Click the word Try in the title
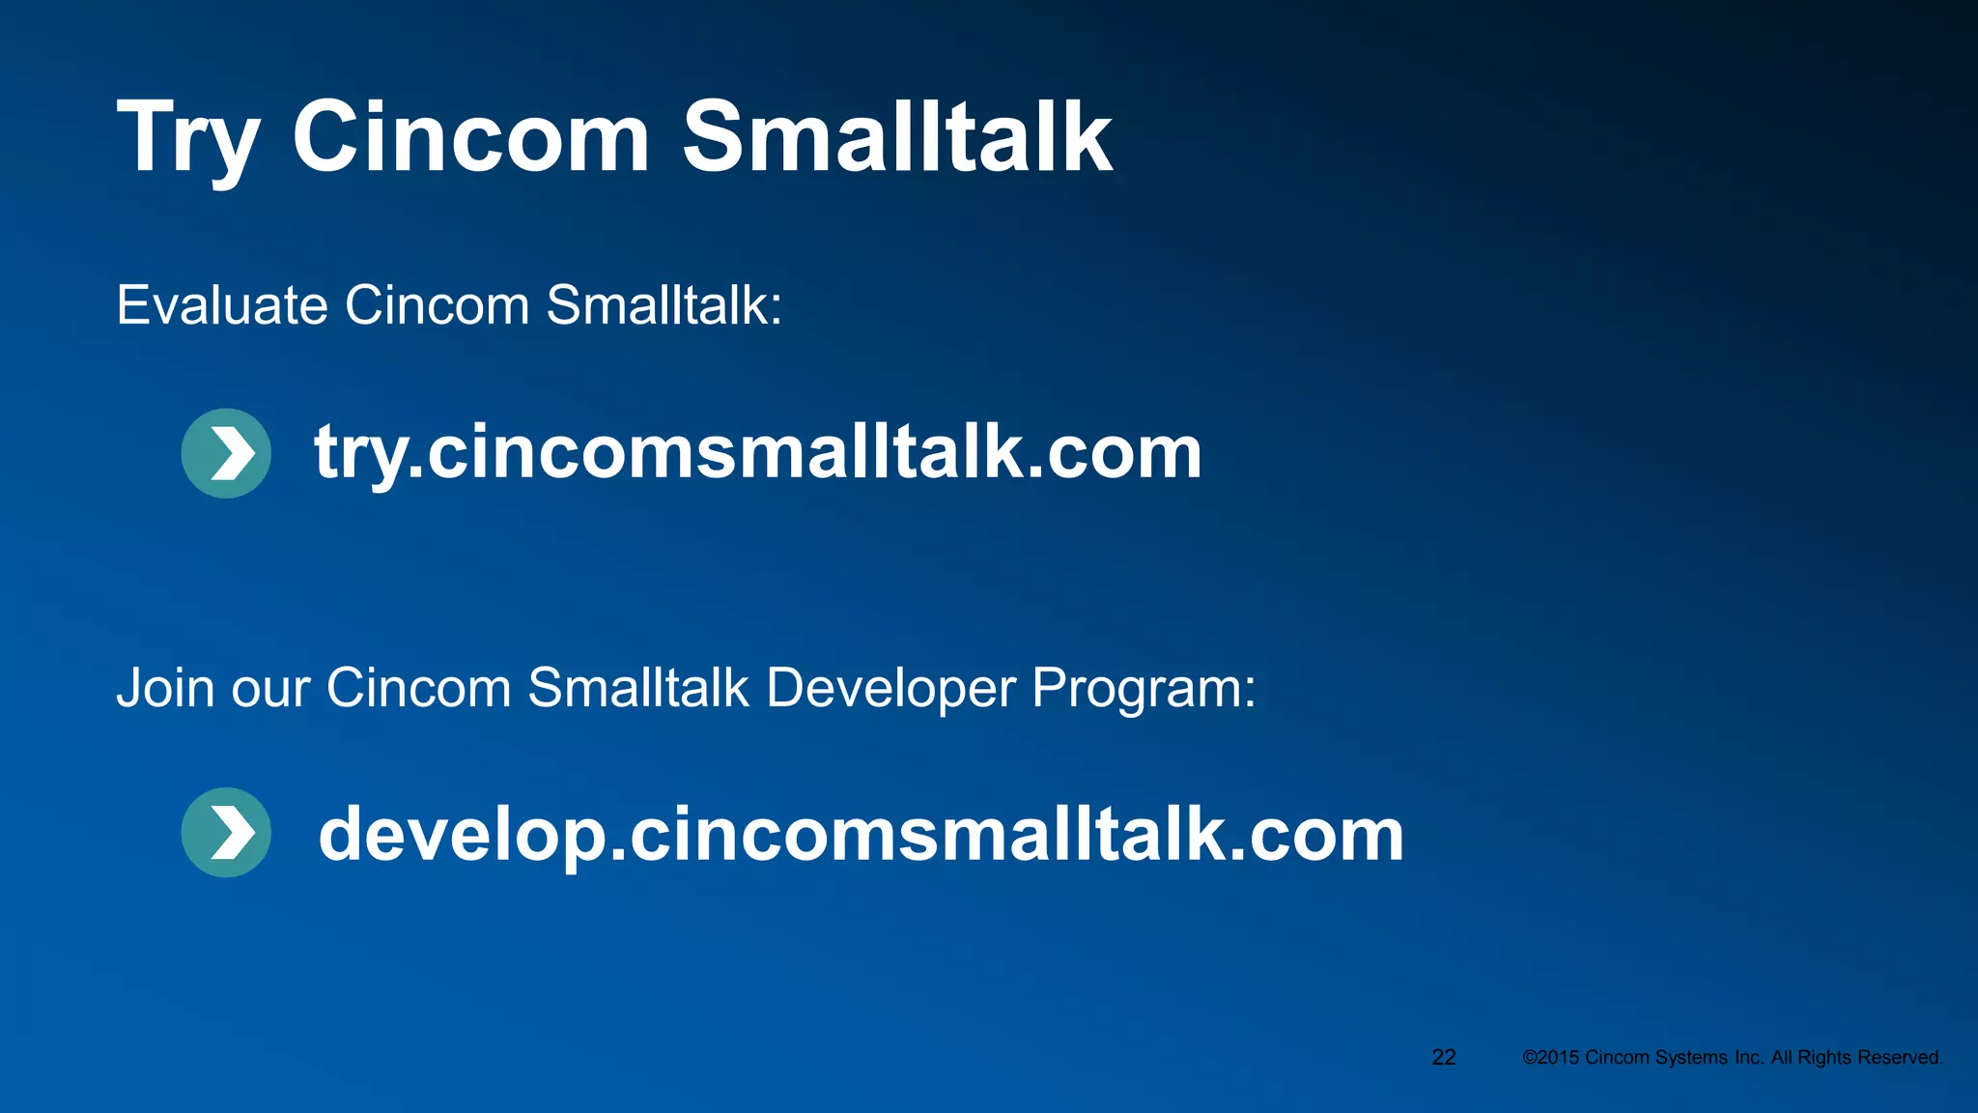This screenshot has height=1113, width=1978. point(188,138)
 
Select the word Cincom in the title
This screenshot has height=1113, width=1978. point(470,138)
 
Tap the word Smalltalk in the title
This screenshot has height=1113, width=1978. point(897,138)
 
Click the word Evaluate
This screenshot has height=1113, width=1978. point(222,305)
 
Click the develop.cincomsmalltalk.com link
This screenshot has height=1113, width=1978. point(861,834)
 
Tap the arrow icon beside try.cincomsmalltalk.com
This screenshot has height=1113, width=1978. point(226,453)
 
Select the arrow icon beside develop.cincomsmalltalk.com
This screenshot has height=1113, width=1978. point(226,833)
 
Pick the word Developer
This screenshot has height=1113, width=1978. point(890,688)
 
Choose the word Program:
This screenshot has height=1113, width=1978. point(1144,688)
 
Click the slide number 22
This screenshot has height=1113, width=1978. point(1444,1057)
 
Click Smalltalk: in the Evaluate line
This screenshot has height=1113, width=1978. point(664,305)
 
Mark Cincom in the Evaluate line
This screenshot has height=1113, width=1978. point(438,305)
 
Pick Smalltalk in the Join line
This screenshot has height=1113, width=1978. point(638,688)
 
